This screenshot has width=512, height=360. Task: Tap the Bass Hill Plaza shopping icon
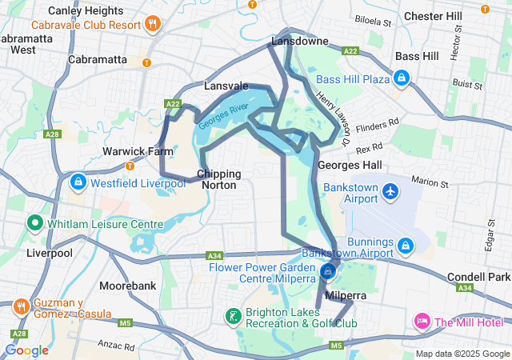click(402, 78)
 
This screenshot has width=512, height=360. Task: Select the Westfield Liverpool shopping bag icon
click(78, 183)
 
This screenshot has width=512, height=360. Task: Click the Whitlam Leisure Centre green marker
click(35, 223)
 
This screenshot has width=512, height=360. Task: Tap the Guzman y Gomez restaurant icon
click(21, 306)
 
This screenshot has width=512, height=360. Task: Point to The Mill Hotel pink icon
click(421, 322)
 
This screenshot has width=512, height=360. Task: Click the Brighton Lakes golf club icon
click(233, 316)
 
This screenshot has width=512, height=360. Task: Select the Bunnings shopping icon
click(406, 245)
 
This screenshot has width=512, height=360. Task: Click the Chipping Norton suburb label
click(218, 178)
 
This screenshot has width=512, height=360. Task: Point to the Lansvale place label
click(226, 85)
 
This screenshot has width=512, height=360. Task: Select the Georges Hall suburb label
click(344, 165)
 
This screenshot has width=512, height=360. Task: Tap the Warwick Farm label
click(127, 151)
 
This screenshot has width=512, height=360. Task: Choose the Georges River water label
click(224, 115)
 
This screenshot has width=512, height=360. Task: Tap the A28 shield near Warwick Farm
click(52, 134)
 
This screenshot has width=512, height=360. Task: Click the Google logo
click(26, 350)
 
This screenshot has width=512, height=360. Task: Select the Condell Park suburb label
click(478, 277)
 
